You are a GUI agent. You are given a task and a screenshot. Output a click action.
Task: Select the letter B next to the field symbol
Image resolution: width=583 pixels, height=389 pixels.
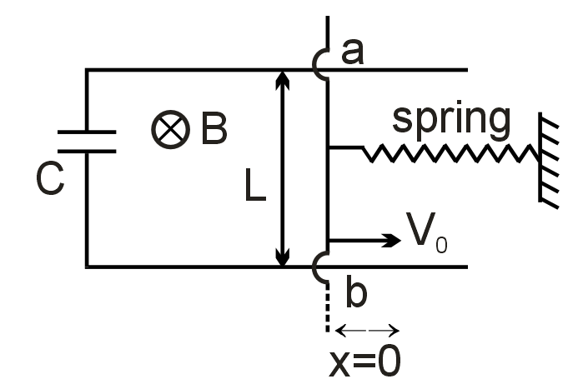coord(213,131)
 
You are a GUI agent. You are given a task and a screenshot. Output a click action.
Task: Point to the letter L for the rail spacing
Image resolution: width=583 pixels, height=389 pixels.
coord(254,189)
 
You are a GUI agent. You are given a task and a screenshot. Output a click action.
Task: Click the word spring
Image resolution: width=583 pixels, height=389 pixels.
coord(450,118)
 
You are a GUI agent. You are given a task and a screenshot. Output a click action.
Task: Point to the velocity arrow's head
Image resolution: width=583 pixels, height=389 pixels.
coord(393,241)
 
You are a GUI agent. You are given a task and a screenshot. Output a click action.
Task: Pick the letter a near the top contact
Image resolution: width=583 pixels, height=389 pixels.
coord(353,52)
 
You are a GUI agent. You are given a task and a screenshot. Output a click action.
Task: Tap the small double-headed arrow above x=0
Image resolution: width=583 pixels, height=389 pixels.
coord(367,331)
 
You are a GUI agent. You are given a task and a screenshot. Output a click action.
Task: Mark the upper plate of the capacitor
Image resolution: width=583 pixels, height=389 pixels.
coord(86,132)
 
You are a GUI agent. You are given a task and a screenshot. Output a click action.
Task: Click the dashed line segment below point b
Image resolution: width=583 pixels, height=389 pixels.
coord(327,307)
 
